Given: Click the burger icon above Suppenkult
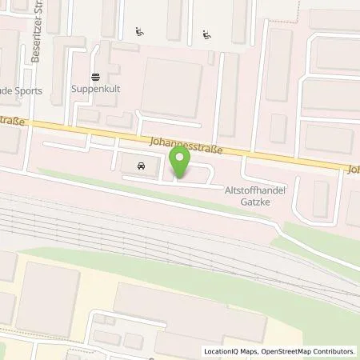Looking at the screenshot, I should point(95,78).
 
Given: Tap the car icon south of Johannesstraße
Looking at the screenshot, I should point(141,167).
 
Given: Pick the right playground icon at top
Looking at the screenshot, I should point(208,34).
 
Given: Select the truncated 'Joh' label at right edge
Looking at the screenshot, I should point(353,170).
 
